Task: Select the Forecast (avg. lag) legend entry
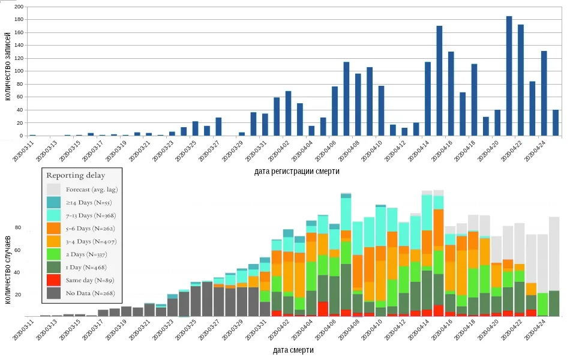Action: (x=90, y=190)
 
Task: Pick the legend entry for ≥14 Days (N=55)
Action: (x=90, y=202)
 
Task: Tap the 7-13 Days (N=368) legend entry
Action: (x=90, y=215)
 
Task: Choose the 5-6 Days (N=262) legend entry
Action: (x=90, y=229)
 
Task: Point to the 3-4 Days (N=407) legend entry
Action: (x=90, y=241)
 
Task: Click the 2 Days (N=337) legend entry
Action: (x=90, y=254)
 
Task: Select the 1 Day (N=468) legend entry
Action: (x=90, y=267)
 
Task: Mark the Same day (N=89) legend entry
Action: (x=90, y=280)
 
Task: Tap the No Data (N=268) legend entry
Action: (x=90, y=293)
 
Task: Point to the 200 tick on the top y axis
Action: (x=18, y=7)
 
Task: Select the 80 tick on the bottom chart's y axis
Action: (x=18, y=228)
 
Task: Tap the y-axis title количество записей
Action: (x=7, y=72)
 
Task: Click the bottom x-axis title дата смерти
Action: (x=293, y=350)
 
